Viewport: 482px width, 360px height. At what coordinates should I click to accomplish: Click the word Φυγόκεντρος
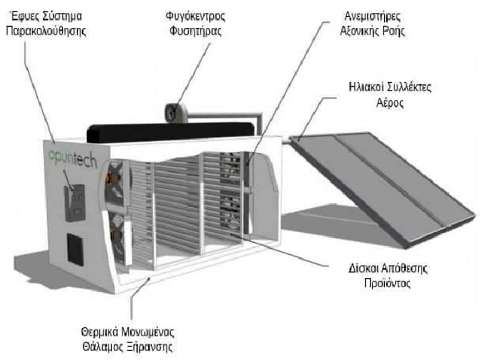195,16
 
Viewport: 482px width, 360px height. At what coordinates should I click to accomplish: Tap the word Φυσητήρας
195,31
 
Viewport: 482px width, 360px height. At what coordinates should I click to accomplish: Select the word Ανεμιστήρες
372,16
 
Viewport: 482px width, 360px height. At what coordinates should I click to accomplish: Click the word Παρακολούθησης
46,31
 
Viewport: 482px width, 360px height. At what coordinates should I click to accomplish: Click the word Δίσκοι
363,268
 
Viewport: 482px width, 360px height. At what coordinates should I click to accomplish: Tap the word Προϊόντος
388,283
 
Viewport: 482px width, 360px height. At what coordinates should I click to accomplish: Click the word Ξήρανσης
149,347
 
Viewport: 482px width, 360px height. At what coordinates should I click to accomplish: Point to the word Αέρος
390,102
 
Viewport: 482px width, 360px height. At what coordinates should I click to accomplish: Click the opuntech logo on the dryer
73,159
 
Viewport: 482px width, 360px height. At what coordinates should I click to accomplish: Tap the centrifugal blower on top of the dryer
176,113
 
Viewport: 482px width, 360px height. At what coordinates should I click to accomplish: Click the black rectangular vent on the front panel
76,249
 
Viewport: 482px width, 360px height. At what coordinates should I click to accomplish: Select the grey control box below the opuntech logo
75,203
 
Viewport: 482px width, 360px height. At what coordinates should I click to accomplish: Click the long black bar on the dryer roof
170,132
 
